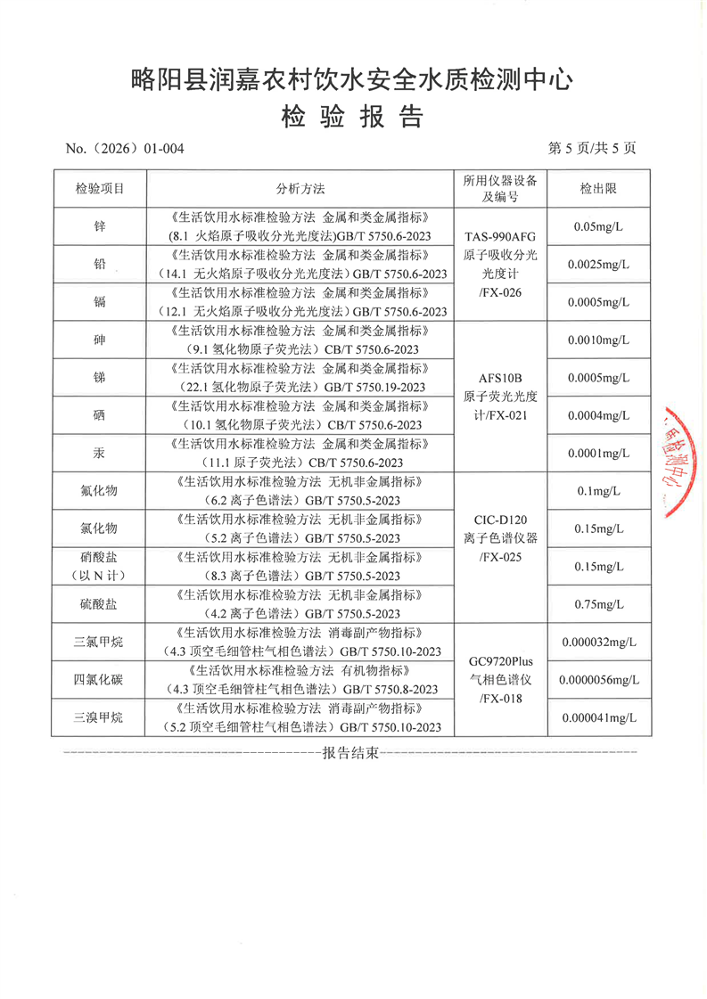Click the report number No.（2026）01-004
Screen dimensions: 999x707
(x=125, y=149)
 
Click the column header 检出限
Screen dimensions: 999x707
(x=599, y=189)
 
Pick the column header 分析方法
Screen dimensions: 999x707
(x=300, y=189)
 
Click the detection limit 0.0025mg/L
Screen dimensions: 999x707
(x=599, y=265)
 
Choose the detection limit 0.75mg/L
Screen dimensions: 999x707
(x=599, y=605)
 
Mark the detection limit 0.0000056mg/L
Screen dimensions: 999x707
(x=599, y=681)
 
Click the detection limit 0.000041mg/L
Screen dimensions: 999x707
(x=599, y=718)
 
